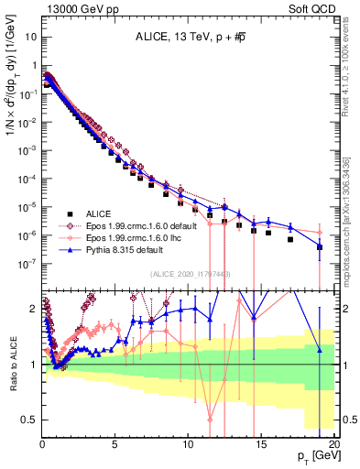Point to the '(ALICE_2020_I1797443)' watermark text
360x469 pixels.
189,275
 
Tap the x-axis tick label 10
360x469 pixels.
189,443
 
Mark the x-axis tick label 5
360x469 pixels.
115,443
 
